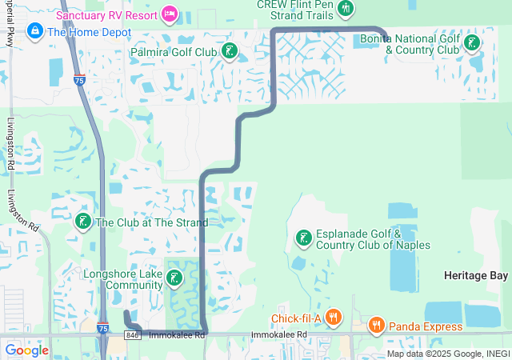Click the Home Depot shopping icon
pos(35,32)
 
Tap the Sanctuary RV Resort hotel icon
pos(169,14)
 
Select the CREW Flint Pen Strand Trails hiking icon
pos(345,8)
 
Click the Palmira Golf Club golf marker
pos(230,53)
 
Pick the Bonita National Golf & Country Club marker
pos(473,42)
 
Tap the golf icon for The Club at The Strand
pos(82,222)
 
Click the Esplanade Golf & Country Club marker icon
pos(303,238)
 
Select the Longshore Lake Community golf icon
pos(174,279)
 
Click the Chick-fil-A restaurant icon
pos(334,318)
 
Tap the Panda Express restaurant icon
pos(376,326)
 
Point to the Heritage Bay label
pos(476,275)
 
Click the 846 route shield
pos(133,334)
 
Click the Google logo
pos(26,350)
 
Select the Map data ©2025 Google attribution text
pos(448,354)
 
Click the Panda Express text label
pos(426,326)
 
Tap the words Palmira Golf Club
pos(174,53)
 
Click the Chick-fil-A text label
pos(295,319)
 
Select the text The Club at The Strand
pos(151,222)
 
